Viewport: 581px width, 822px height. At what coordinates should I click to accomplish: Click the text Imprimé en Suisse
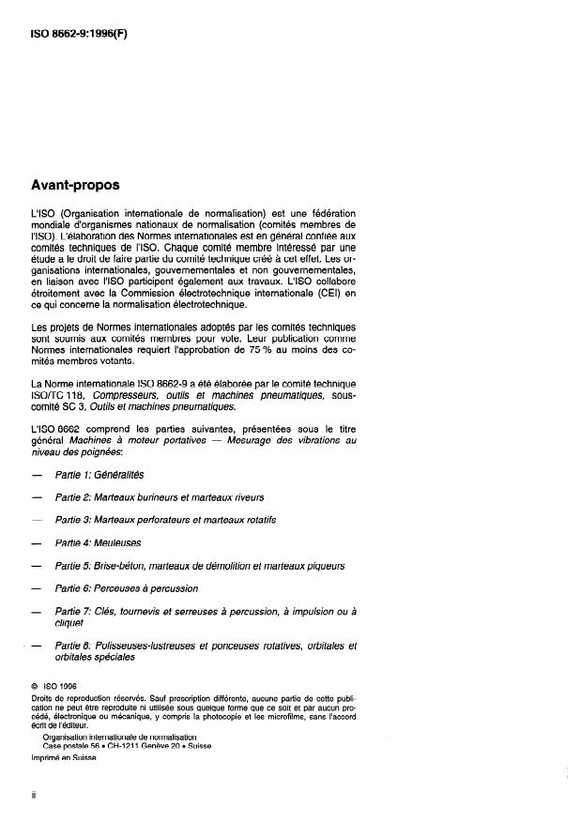(x=65, y=758)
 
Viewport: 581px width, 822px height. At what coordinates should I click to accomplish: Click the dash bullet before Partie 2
(x=37, y=498)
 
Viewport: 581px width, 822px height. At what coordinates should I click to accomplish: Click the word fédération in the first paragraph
(x=329, y=213)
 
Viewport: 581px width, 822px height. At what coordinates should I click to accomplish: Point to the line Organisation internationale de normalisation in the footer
(x=118, y=737)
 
